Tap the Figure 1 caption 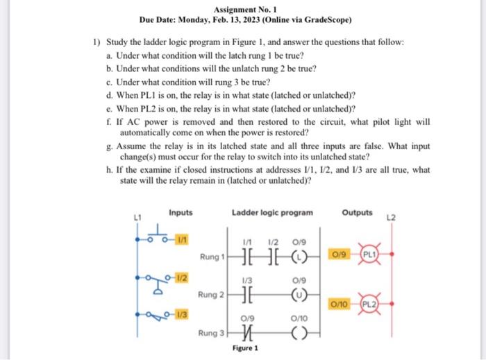point(246,348)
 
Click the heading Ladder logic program point(271,212)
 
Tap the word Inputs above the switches point(181,212)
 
